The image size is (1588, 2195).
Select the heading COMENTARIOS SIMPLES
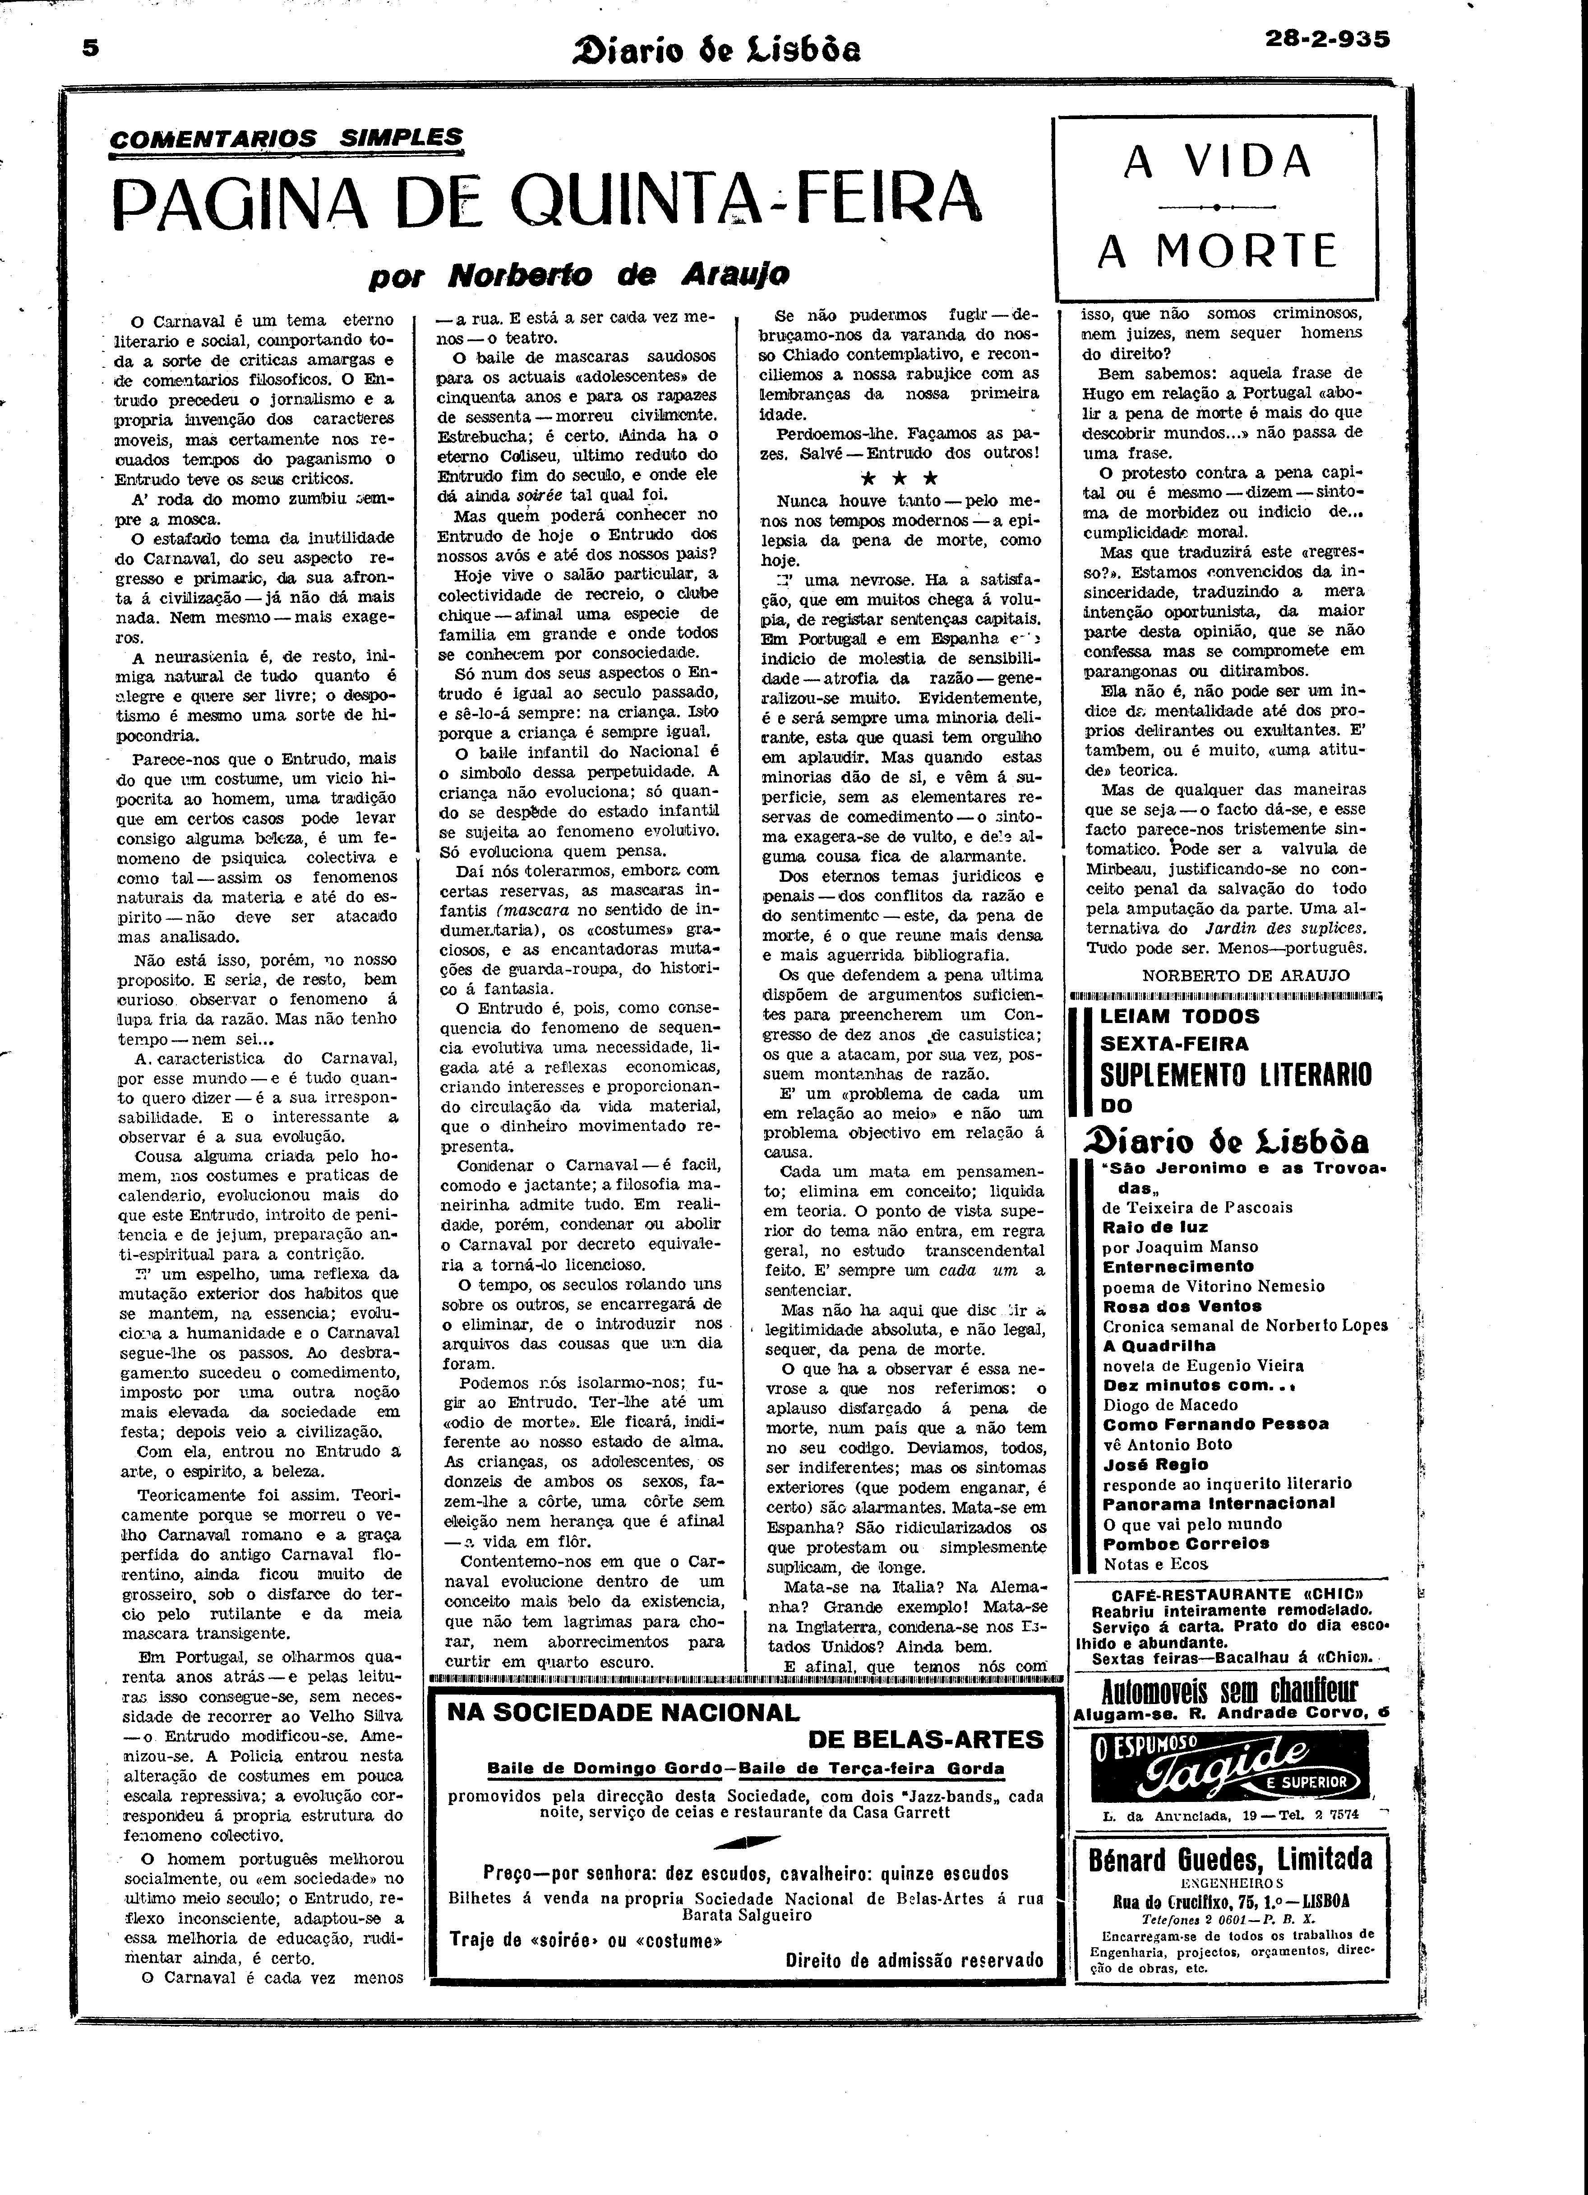pyautogui.click(x=286, y=139)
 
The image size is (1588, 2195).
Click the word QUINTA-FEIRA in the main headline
pyautogui.click(x=743, y=199)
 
